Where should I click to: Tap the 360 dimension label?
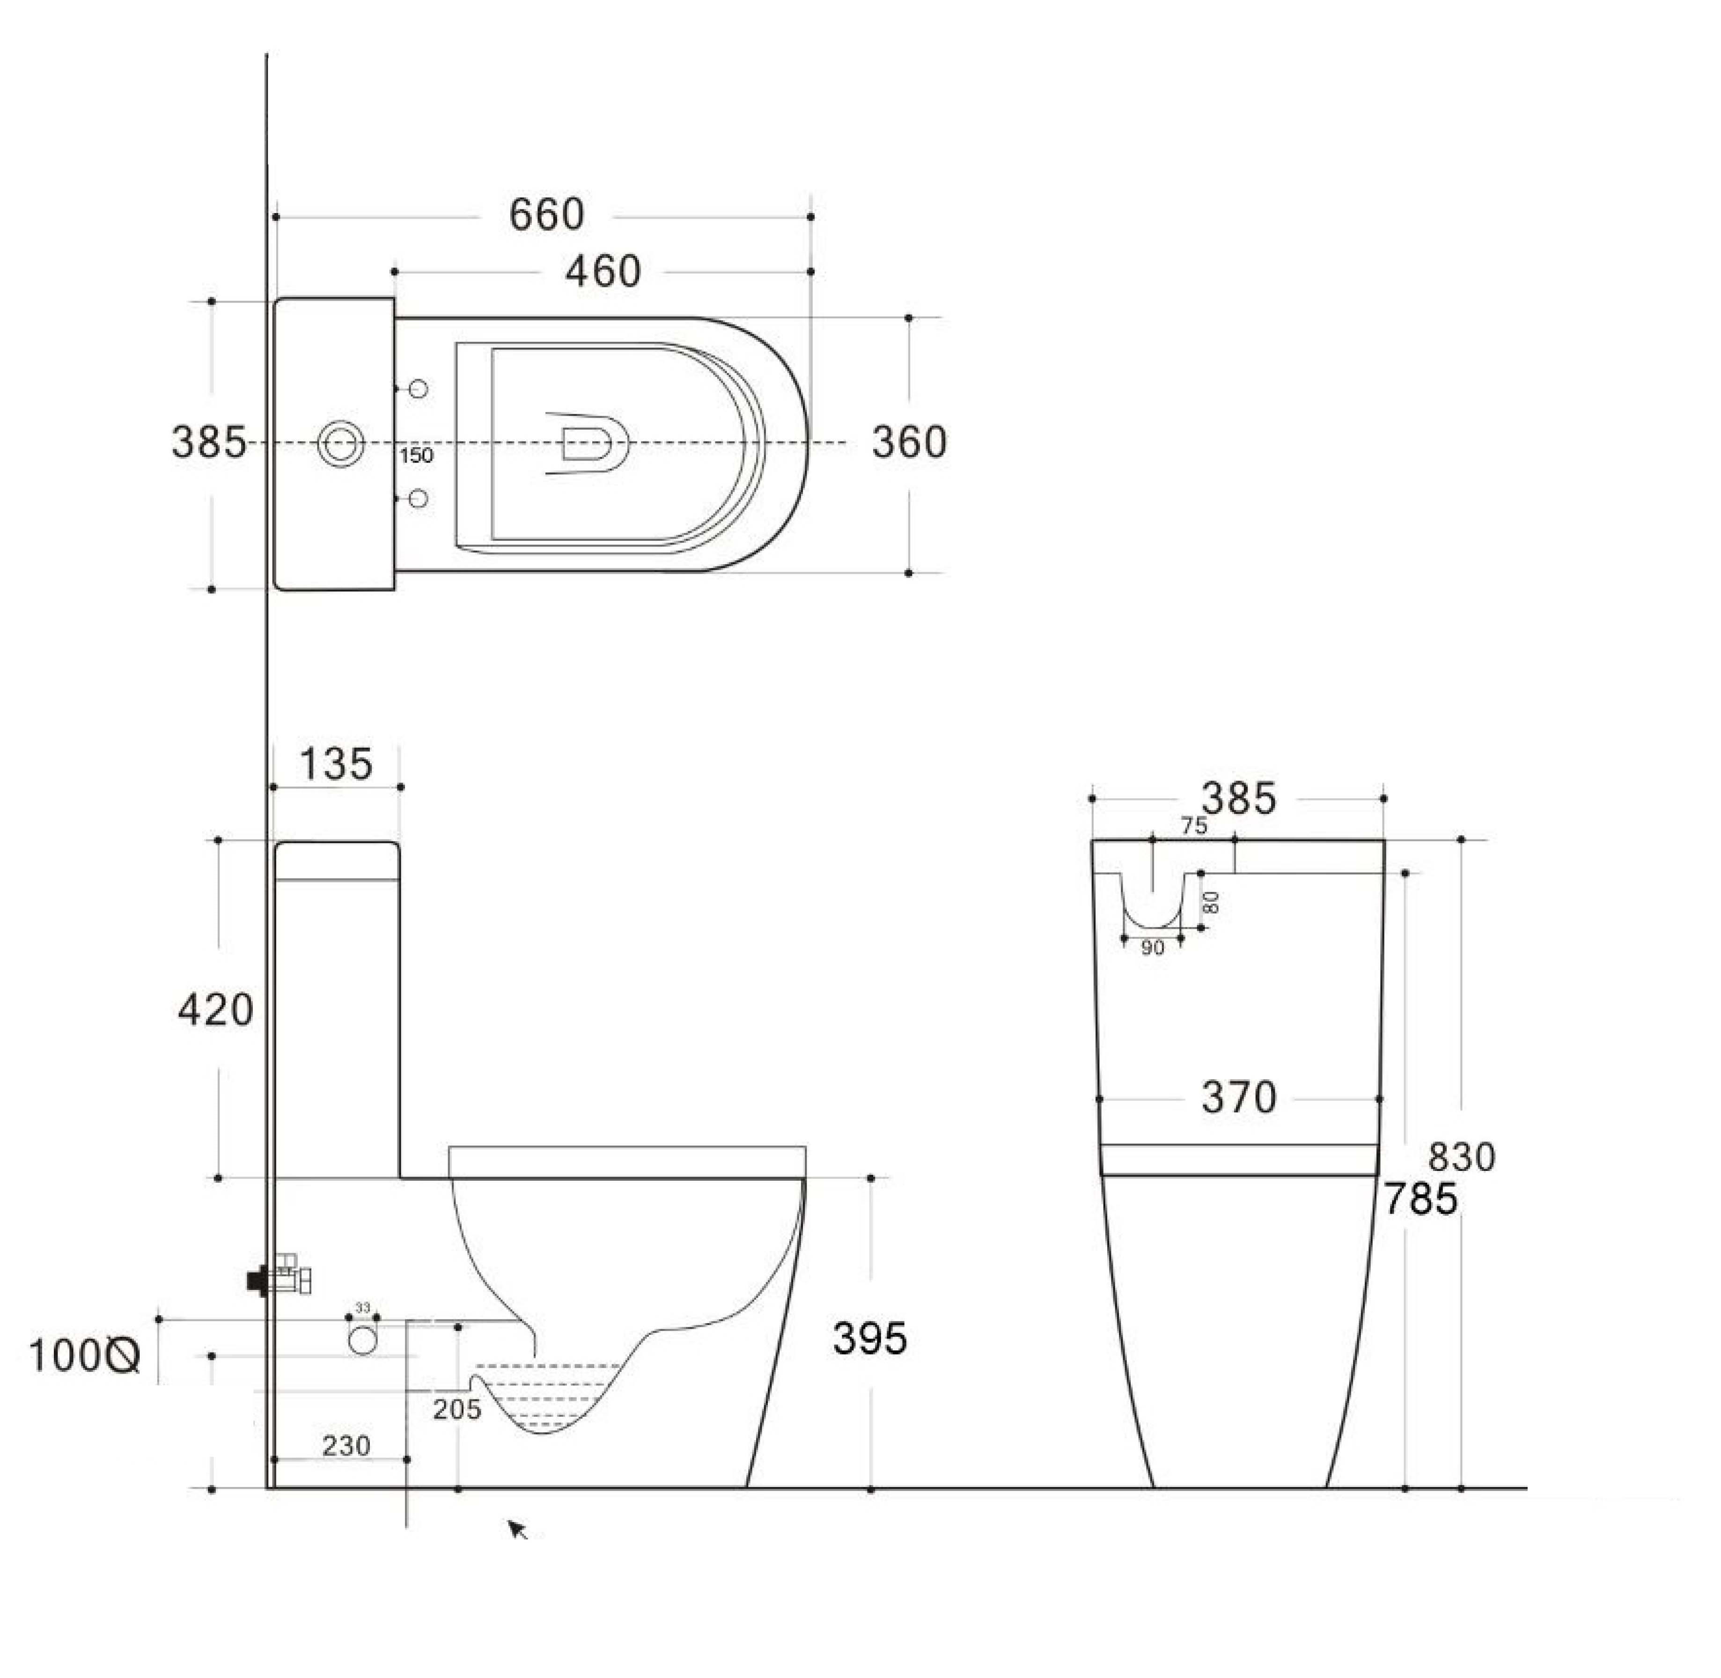pos(909,442)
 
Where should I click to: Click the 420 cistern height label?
pos(215,1010)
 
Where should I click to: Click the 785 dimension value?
pos(1419,1199)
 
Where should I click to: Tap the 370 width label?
pos(1239,1098)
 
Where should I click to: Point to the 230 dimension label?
pos(346,1445)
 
